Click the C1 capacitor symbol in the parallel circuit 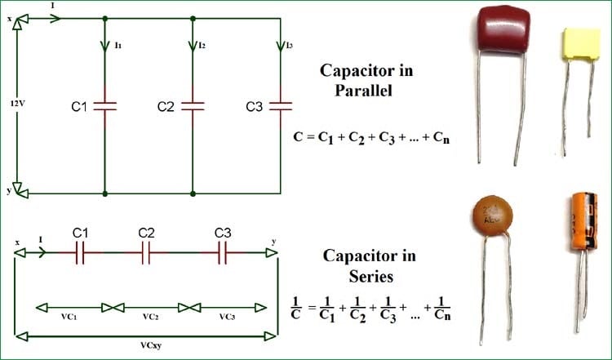[x=105, y=105]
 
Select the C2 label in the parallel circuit [x=166, y=106]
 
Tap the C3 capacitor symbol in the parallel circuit [x=281, y=105]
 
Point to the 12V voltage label [x=16, y=104]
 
